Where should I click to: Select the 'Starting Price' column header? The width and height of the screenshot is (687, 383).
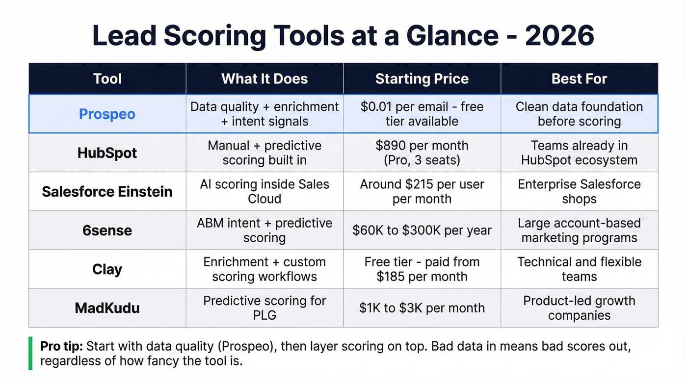[422, 78]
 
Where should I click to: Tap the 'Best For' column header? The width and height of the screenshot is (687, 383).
[579, 78]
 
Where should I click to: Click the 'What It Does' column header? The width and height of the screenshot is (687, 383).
[264, 78]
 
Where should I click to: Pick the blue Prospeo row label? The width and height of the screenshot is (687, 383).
[107, 114]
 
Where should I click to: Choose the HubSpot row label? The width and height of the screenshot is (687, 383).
[107, 153]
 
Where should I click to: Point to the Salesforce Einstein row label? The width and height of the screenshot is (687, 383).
[107, 191]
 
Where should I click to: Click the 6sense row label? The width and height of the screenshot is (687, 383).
[107, 230]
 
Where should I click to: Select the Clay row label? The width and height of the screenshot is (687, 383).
[107, 269]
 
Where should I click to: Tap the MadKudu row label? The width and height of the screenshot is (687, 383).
[107, 308]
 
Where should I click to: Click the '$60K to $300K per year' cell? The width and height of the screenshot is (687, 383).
[422, 230]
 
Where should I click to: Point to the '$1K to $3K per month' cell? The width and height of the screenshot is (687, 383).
[422, 308]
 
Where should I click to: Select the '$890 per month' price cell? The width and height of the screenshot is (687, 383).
[422, 153]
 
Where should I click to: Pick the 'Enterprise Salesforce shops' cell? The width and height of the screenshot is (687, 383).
[579, 191]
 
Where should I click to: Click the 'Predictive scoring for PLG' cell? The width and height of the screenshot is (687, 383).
[264, 308]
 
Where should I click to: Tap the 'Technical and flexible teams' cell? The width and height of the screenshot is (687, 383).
[579, 269]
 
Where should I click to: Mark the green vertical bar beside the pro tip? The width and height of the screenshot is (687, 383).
[30, 353]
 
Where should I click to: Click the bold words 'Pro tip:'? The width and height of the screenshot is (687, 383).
[62, 346]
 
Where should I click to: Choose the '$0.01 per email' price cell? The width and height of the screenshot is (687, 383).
[422, 114]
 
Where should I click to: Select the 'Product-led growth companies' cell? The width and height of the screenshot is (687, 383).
[579, 308]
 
